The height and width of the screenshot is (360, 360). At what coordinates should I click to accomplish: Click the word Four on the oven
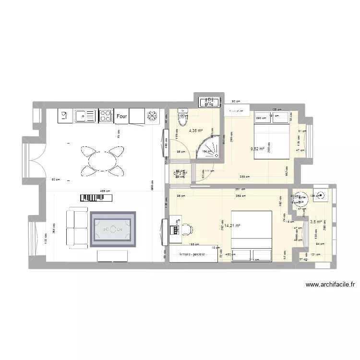coord(121,116)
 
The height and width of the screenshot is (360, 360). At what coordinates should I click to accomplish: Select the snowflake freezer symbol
coord(153,116)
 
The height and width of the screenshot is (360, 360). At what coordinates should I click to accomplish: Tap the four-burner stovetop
coord(106,115)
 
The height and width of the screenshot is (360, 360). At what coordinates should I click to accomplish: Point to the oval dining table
coord(101,159)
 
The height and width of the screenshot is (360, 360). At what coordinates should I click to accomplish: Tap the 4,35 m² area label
coord(195,131)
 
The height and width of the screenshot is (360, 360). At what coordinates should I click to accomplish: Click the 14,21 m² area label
coord(231,225)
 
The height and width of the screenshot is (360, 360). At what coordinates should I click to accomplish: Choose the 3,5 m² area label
coord(316,222)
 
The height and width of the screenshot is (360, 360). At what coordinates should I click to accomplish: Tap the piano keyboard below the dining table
coord(95,198)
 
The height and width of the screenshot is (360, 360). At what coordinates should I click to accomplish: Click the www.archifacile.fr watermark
coord(330,285)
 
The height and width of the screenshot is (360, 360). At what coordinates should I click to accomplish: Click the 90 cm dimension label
coord(236,101)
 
